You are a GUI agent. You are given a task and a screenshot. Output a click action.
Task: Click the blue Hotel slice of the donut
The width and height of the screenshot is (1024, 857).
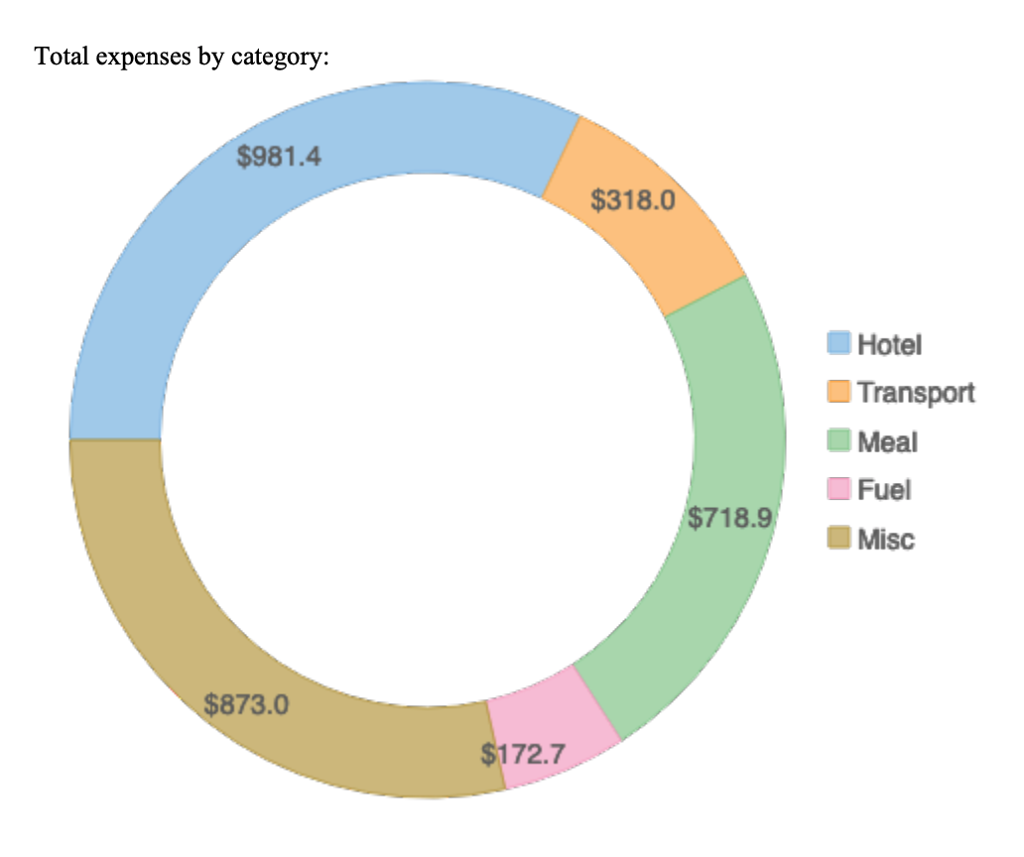(x=198, y=248)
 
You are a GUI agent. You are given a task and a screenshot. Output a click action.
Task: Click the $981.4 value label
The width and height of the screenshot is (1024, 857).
(x=279, y=157)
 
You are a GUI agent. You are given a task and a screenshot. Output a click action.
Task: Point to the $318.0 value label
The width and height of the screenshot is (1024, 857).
(x=633, y=201)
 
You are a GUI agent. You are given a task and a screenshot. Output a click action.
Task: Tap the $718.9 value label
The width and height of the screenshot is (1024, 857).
(x=731, y=518)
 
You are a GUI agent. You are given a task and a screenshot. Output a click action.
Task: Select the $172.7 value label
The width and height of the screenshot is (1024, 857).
(x=523, y=755)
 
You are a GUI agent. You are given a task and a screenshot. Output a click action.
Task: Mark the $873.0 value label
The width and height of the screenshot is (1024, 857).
(x=246, y=705)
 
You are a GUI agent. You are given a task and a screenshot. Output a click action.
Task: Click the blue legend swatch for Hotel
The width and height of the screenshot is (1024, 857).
(x=839, y=343)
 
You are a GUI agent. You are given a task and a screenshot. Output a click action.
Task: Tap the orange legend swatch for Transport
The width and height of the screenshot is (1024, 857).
(x=839, y=392)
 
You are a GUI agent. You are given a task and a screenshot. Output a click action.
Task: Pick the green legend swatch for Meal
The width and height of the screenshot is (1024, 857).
(x=839, y=440)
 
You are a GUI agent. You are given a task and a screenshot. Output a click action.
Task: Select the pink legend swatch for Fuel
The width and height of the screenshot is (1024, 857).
(x=839, y=489)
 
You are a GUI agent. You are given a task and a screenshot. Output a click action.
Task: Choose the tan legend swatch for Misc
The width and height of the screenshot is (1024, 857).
(x=839, y=539)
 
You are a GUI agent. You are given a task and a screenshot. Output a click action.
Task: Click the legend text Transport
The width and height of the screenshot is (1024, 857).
(x=916, y=393)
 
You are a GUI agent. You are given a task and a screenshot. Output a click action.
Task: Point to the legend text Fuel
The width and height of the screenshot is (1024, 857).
(x=884, y=489)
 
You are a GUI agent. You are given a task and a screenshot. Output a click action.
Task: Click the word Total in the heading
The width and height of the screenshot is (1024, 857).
(x=57, y=57)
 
